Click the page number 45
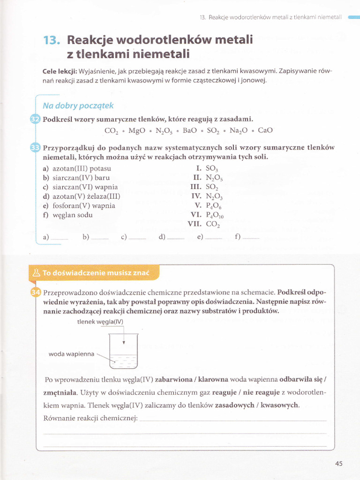pos(339,464)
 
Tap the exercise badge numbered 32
pos(36,120)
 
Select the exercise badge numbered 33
pos(36,148)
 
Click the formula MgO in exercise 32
pos(136,130)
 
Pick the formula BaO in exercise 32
pos(190,130)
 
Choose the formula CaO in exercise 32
pos(265,130)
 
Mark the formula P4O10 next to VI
pos(215,215)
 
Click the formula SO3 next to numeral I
pos(212,169)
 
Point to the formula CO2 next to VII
pos(213,224)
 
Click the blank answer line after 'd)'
pos(176,238)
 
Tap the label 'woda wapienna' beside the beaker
pos(71,354)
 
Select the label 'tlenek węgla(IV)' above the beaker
pos(100,322)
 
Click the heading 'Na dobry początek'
pos(78,105)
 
